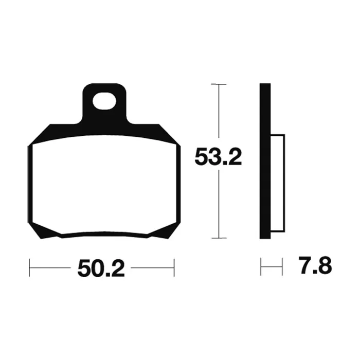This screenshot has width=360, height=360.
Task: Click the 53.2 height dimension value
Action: (218, 157)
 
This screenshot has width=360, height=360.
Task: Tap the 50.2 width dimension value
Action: (101, 268)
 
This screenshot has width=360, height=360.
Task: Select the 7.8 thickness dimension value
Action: (315, 265)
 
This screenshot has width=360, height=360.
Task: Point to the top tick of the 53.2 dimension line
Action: (219, 84)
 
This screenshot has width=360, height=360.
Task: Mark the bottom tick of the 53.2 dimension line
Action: (219, 238)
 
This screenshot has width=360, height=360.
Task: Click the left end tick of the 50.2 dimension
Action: (29, 268)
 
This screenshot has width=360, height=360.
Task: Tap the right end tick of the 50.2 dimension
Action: (174, 268)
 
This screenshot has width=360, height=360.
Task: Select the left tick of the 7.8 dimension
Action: (261, 266)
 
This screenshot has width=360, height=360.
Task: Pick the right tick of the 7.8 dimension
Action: (282, 266)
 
